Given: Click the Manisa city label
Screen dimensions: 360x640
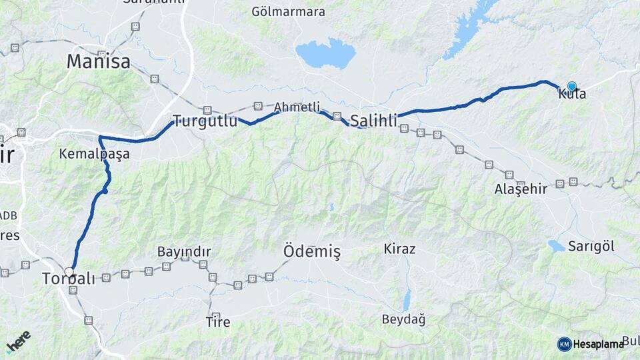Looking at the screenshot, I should coord(98,62).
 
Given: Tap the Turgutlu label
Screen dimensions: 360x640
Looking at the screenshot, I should coord(205,121).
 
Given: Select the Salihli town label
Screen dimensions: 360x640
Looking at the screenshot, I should coord(373,121).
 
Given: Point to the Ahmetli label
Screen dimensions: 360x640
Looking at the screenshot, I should coord(297,107).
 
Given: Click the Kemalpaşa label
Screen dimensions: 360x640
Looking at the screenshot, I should coord(94,154).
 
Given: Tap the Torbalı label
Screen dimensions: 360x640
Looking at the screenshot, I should coord(68,279).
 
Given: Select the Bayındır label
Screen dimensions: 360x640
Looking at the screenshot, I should coord(184,251).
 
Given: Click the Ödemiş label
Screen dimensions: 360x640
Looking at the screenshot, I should coord(312,251).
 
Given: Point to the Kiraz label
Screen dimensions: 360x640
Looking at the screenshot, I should coord(399,249).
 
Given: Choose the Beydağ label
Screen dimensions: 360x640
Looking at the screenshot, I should coord(403,319).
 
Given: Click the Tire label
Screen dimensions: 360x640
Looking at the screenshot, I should coord(218,323).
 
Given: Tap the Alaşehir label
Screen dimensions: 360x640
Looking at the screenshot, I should coord(521,189).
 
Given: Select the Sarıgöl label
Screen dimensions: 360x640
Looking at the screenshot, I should coord(591,246).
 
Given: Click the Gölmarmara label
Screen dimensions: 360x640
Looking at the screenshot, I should coord(288,12).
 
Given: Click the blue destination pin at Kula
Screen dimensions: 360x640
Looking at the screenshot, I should coord(571,86).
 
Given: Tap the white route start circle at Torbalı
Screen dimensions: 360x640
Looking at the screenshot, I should coord(69,271).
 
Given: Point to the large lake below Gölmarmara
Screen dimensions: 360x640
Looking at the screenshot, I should coord(325,53).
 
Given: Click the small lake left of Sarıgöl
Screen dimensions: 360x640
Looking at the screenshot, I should coord(556,246).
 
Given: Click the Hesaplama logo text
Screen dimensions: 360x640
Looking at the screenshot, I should coord(598,344).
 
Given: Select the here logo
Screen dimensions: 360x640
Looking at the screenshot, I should coord(18,341).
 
